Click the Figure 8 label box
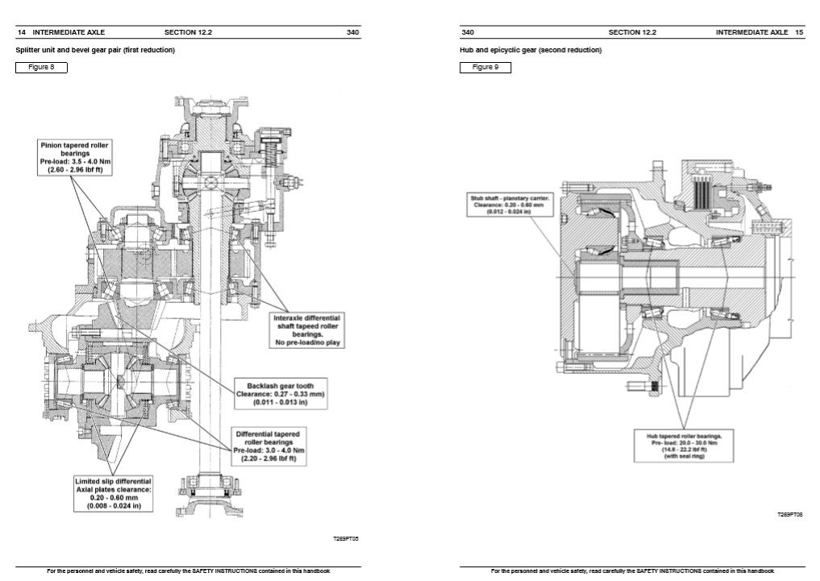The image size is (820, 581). click(41, 67)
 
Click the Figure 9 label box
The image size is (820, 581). click(485, 67)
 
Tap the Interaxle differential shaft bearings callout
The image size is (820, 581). click(306, 330)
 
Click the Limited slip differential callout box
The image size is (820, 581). click(113, 493)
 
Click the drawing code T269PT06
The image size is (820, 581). click(789, 514)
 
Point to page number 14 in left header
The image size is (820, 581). click(21, 33)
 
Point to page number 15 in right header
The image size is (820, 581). click(798, 33)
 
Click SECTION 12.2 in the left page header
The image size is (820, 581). click(188, 33)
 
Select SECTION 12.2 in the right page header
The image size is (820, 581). click(632, 33)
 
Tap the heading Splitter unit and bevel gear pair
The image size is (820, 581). click(95, 50)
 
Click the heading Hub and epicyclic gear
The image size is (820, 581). click(531, 50)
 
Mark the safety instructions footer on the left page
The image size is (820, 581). click(188, 571)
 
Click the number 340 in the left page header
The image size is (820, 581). click(352, 33)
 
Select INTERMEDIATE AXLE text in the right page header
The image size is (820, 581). click(751, 33)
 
